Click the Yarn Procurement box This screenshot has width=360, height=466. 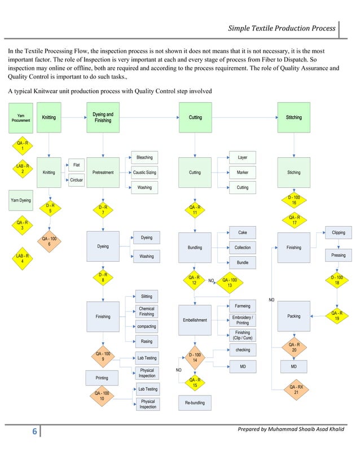[x=21, y=117]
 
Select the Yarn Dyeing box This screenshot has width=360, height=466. [x=21, y=200]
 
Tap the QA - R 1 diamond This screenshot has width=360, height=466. [x=23, y=146]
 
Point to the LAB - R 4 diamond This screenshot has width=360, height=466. [x=23, y=258]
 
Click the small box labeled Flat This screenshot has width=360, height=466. [x=76, y=165]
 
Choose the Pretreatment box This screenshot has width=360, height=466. [x=103, y=172]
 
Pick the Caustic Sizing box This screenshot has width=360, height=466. [x=144, y=172]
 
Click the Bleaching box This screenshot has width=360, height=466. [x=144, y=157]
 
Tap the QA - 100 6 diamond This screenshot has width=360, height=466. [x=50, y=241]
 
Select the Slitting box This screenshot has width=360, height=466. [x=146, y=296]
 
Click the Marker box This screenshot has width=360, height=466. [x=242, y=172]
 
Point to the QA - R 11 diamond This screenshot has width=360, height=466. [x=195, y=210]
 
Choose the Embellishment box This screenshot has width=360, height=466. [x=195, y=320]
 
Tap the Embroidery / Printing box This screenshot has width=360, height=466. [x=242, y=320]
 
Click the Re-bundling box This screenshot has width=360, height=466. [x=195, y=402]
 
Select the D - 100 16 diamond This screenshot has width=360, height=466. [x=294, y=200]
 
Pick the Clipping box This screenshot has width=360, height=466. [x=338, y=232]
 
